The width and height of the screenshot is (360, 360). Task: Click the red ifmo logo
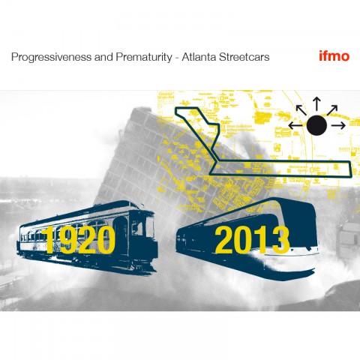(x=334, y=56)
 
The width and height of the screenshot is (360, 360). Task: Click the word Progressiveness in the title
(x=51, y=57)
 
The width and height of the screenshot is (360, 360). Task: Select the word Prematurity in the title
(x=144, y=57)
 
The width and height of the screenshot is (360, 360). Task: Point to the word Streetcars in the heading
(x=244, y=57)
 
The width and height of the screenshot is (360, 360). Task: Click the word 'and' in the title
(x=103, y=57)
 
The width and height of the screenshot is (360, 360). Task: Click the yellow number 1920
(x=78, y=239)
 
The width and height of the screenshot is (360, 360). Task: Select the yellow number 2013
(x=252, y=239)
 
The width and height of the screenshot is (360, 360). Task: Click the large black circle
(x=316, y=125)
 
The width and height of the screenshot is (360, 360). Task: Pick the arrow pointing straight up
(x=316, y=103)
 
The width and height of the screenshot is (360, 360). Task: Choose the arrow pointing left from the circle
(x=296, y=125)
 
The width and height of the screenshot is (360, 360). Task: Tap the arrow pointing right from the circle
(x=338, y=125)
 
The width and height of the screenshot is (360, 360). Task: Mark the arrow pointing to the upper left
(x=301, y=110)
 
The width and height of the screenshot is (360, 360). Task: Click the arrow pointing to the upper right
(x=332, y=110)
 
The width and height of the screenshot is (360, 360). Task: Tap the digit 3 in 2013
(x=280, y=239)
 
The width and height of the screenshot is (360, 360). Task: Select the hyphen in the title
(x=177, y=58)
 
